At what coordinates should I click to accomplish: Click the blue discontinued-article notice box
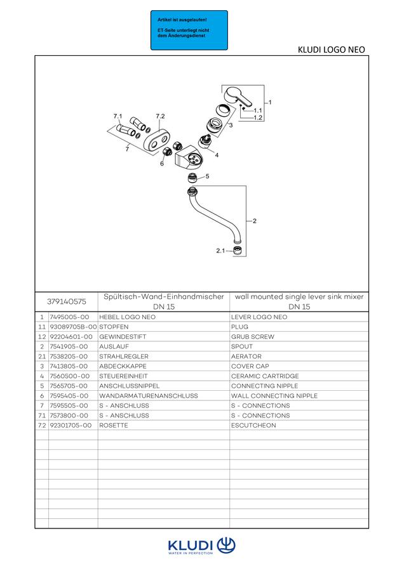click(x=189, y=30)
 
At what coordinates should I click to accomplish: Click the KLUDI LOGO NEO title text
click(x=331, y=49)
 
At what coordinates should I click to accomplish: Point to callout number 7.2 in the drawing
click(x=160, y=116)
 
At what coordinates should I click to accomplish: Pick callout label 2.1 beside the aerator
click(x=220, y=251)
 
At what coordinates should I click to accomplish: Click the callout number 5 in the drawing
click(x=207, y=176)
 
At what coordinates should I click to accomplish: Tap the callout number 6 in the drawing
click(x=162, y=164)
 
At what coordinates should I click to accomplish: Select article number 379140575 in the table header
click(x=66, y=301)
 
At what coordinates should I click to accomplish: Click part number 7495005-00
click(x=69, y=317)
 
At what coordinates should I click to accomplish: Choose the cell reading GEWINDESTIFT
click(x=123, y=336)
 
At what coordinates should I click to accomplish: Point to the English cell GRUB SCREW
click(x=252, y=336)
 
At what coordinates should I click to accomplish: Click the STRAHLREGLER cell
click(x=124, y=356)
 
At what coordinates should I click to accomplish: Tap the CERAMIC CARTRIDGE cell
click(x=265, y=376)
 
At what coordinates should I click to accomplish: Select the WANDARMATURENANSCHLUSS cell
click(x=149, y=395)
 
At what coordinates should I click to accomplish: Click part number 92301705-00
click(x=71, y=425)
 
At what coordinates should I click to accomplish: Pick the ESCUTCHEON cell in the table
click(x=253, y=425)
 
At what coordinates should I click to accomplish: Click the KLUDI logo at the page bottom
click(x=201, y=546)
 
